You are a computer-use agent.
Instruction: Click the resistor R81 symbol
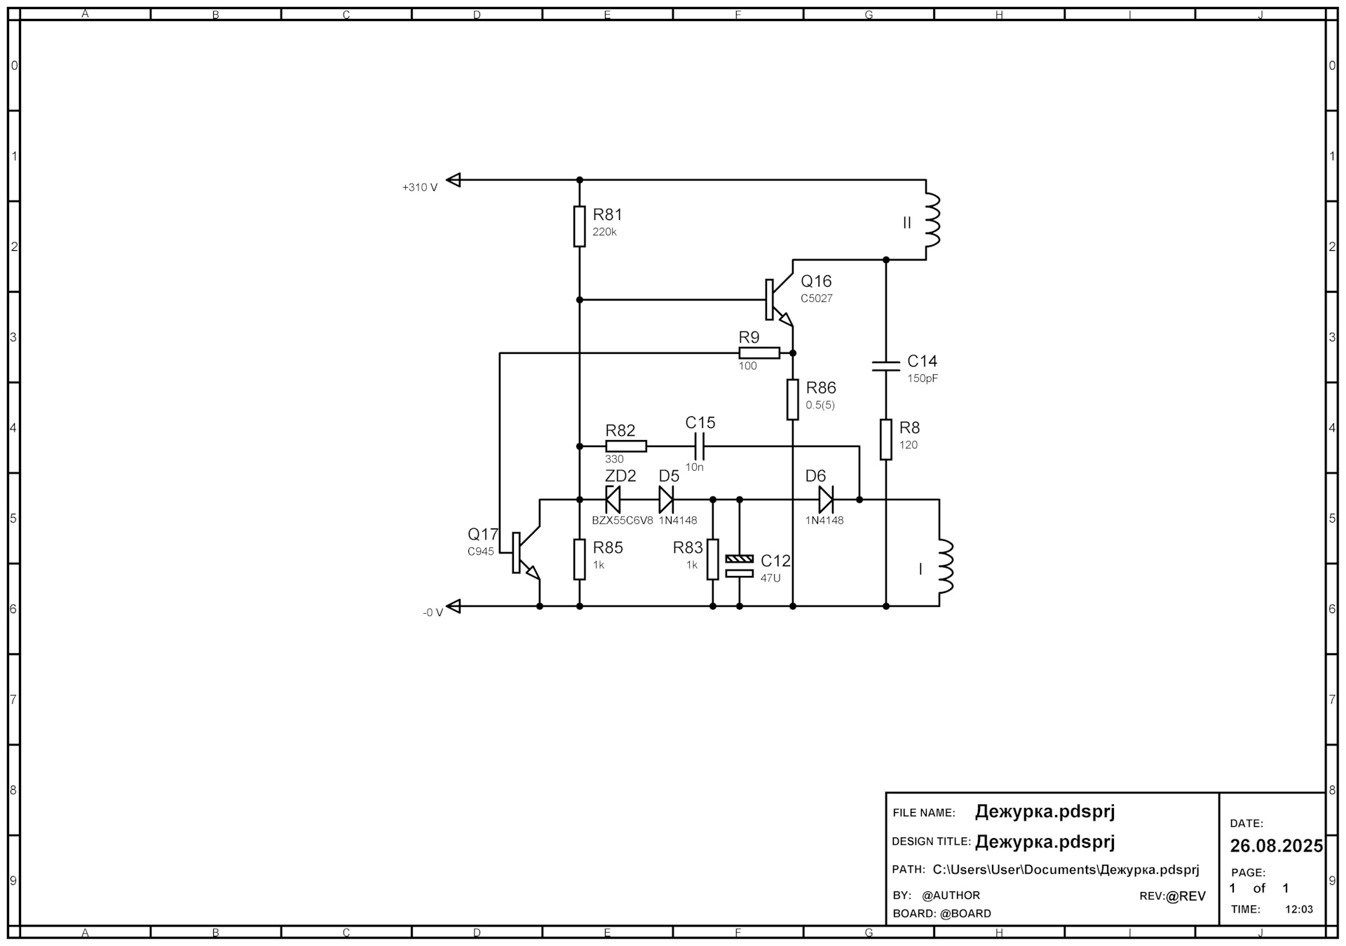tap(579, 226)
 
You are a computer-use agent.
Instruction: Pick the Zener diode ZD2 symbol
tap(613, 500)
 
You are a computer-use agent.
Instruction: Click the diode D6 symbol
tap(826, 500)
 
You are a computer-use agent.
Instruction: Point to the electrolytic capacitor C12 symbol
tap(740, 566)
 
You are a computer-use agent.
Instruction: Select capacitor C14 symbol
tap(885, 365)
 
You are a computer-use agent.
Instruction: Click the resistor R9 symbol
tap(759, 352)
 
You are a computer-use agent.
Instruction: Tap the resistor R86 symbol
tap(793, 399)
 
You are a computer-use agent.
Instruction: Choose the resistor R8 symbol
tap(886, 439)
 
